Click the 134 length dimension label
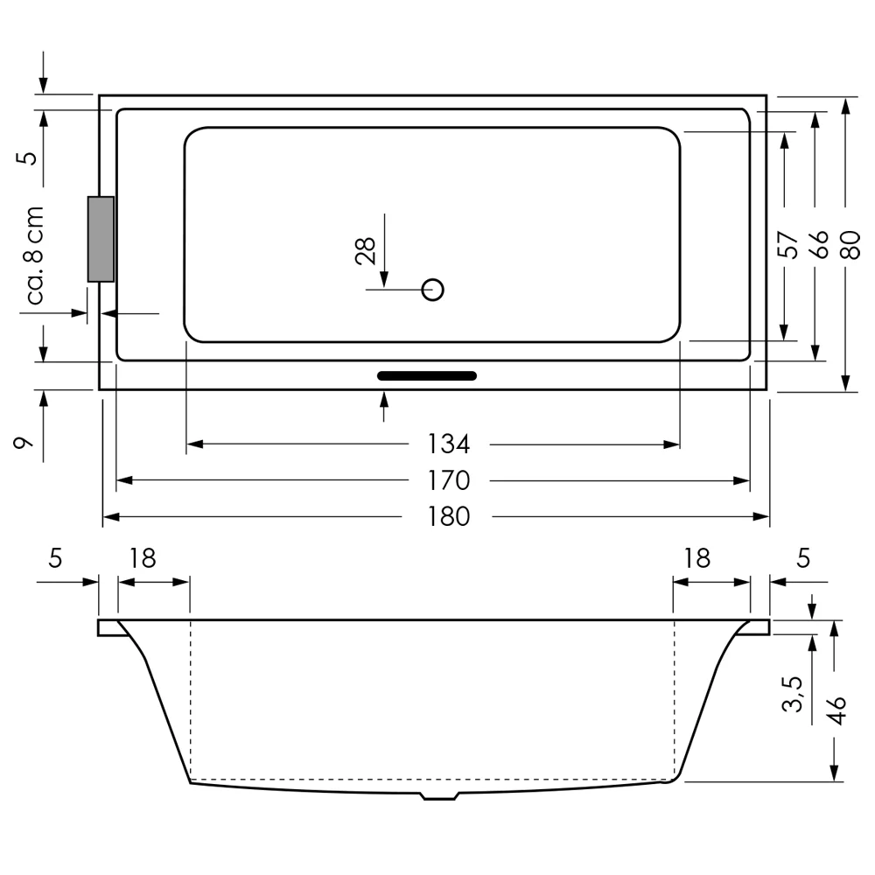click(449, 444)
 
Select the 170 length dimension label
click(449, 480)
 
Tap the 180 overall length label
click(449, 517)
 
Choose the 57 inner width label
click(787, 245)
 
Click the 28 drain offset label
click(367, 251)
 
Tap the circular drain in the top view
click(433, 289)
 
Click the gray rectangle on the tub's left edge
click(101, 239)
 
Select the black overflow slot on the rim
click(427, 376)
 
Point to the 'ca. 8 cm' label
click(34, 255)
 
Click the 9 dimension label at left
click(25, 443)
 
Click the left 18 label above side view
click(143, 558)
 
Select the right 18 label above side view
click(696, 558)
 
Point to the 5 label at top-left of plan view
click(28, 157)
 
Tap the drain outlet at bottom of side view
click(439, 796)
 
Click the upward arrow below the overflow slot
click(384, 406)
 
